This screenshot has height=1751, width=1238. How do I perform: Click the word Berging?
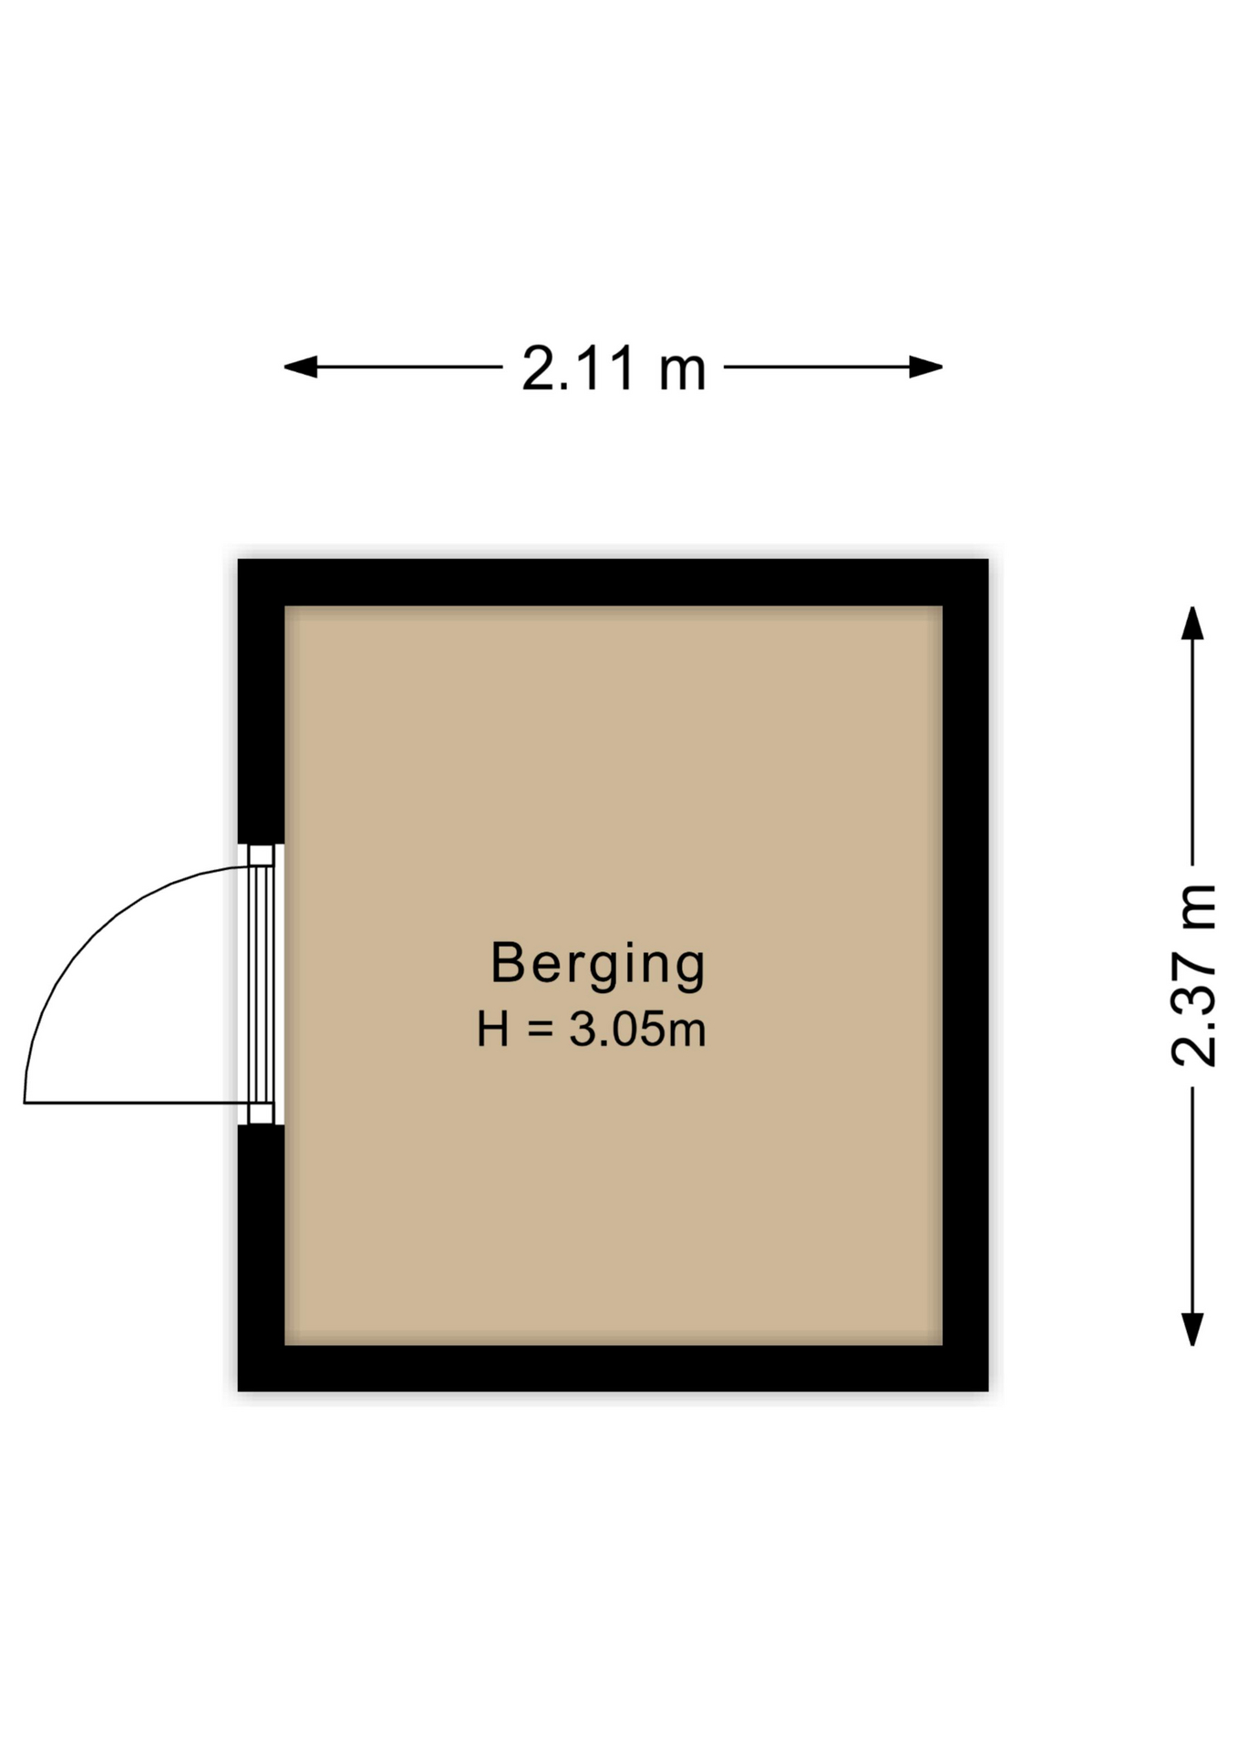598,965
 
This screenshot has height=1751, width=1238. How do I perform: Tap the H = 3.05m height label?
592,1030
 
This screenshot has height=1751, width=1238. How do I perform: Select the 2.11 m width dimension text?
614,368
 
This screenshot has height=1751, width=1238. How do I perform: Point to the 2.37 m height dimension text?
1193,975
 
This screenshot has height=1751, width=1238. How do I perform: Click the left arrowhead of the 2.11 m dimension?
300,368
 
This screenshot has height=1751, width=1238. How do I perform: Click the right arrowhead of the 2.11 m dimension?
926,368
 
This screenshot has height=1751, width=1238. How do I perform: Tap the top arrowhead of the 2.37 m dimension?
1192,623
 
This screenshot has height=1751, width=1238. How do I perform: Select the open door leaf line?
137,1103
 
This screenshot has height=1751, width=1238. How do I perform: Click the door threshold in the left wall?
262,985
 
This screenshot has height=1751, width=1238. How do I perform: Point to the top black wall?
614,582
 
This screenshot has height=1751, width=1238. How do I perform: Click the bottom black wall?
614,1368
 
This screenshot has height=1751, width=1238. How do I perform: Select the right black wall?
965,975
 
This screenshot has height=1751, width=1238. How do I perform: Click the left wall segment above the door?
262,702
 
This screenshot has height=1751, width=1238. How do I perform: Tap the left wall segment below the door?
262,1259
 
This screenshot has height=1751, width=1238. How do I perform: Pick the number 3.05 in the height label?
618,1030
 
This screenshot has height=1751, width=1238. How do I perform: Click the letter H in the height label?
492,1030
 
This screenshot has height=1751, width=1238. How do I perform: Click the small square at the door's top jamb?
262,855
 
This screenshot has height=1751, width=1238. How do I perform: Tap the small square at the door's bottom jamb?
262,1114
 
